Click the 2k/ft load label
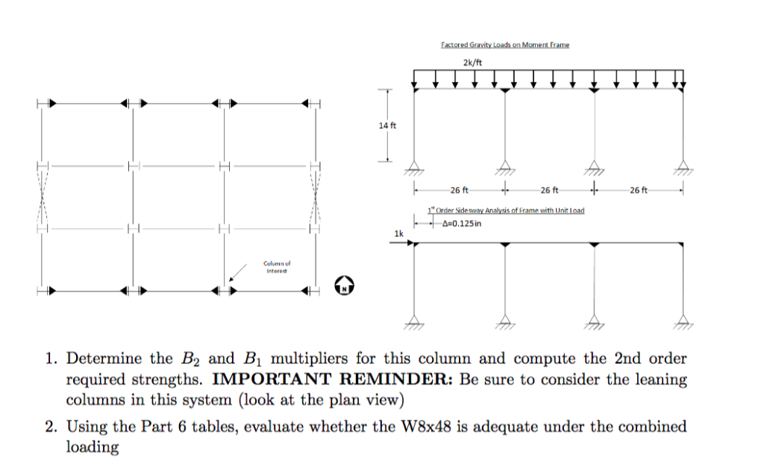[472, 61]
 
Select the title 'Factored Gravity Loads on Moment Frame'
[504, 45]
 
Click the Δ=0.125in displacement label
[459, 223]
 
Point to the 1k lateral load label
[399, 233]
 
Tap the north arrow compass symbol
[344, 284]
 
